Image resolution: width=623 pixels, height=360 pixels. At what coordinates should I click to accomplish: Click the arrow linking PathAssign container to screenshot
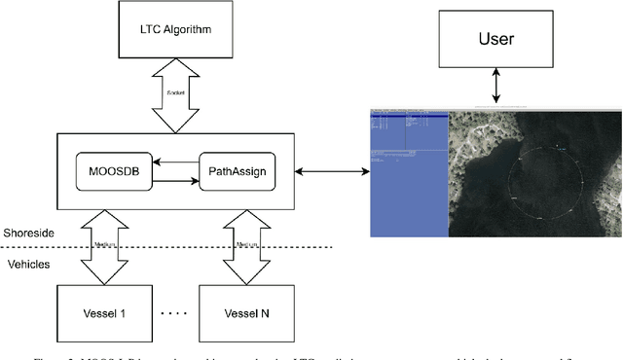(x=334, y=172)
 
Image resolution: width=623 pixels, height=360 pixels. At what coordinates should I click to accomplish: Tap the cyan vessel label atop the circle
(x=559, y=146)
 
